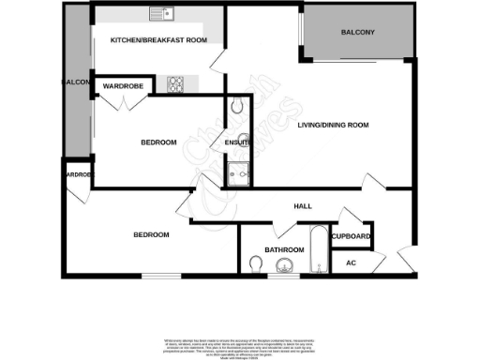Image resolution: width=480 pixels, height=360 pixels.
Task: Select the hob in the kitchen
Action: pyautogui.click(x=174, y=84)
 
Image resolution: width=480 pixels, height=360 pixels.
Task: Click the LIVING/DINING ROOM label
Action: pyautogui.click(x=332, y=125)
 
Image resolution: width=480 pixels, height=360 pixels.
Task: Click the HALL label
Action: pyautogui.click(x=302, y=206)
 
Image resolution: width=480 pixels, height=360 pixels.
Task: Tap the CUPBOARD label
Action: pyautogui.click(x=351, y=236)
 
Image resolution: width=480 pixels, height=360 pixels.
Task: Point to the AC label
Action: pyautogui.click(x=351, y=263)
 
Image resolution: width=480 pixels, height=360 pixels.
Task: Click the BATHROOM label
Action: pyautogui.click(x=282, y=250)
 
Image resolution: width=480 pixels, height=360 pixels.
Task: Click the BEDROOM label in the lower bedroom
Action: pyautogui.click(x=150, y=234)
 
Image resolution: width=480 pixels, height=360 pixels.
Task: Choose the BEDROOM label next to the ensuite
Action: pyautogui.click(x=158, y=142)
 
